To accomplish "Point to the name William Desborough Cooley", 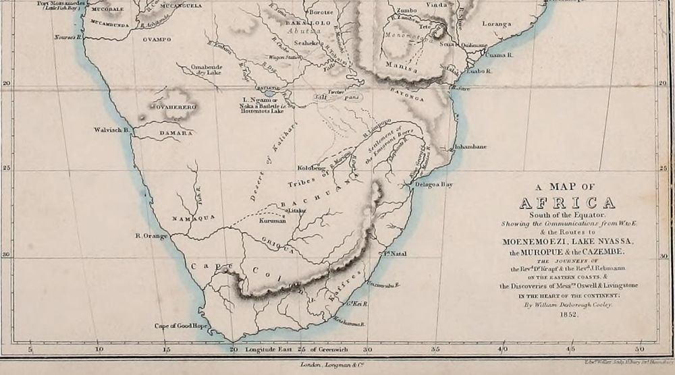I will point(567,305).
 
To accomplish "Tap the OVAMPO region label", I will point(157,39).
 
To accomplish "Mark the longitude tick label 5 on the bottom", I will point(30,349).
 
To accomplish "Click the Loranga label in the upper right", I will point(496,24).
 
